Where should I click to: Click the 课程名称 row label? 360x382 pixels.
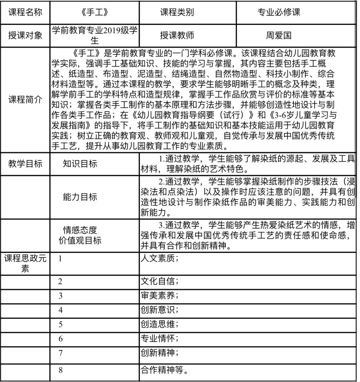25,13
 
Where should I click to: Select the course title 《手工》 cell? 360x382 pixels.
95,13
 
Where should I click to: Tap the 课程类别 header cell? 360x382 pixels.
177,13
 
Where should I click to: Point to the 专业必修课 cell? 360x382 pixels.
279,13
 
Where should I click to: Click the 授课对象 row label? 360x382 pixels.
25,35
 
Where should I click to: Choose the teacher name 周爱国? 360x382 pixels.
279,35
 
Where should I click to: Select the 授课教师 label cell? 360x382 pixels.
177,35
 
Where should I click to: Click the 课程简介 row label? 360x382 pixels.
25,100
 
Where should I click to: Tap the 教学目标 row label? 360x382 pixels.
25,164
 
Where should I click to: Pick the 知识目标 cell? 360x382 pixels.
80,164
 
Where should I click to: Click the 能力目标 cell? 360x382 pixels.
80,197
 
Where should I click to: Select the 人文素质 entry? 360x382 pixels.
159,258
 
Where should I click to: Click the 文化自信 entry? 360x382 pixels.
159,281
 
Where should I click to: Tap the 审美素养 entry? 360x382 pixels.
159,295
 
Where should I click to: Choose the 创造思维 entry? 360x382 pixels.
159,324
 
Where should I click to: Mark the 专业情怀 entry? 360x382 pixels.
159,338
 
